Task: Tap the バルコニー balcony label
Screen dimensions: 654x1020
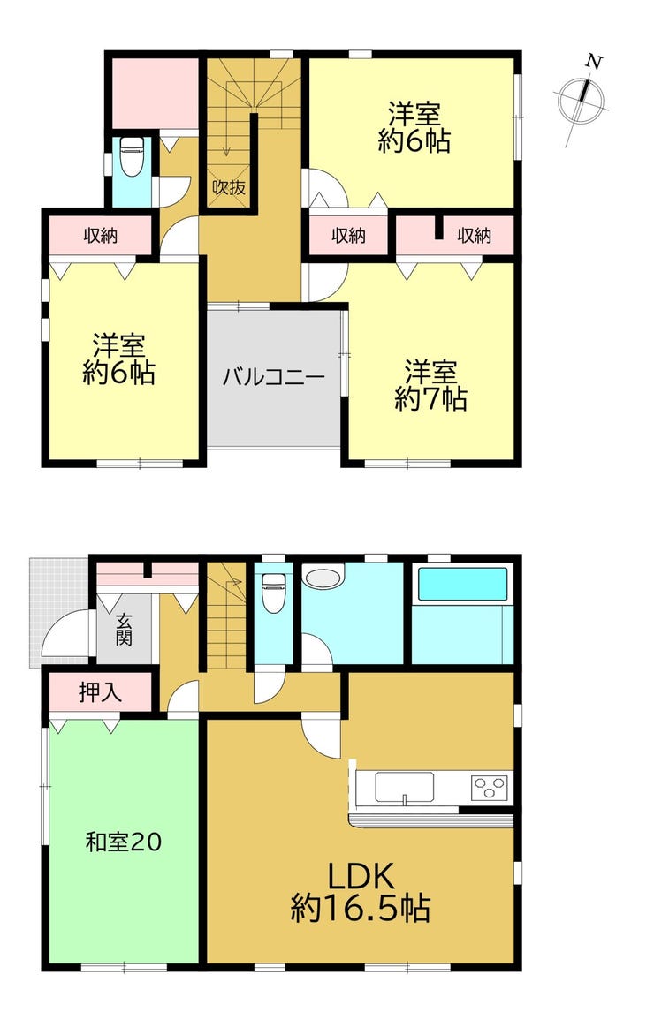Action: tap(273, 377)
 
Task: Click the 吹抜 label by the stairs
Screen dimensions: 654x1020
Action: tap(229, 187)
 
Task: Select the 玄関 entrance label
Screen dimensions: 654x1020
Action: tap(124, 629)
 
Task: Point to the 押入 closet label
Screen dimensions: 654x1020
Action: tap(100, 692)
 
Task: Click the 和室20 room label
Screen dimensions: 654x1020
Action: tap(123, 842)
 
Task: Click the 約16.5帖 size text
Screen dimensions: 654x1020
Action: tap(360, 908)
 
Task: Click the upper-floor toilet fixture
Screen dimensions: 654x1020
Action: tap(132, 156)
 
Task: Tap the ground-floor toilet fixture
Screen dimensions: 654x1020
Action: tap(271, 591)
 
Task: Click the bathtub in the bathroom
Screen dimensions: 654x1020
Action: tap(462, 584)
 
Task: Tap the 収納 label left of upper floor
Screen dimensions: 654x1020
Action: tap(100, 236)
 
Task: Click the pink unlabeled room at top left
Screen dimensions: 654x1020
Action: tap(155, 94)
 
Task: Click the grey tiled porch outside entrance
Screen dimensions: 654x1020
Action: tap(57, 611)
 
